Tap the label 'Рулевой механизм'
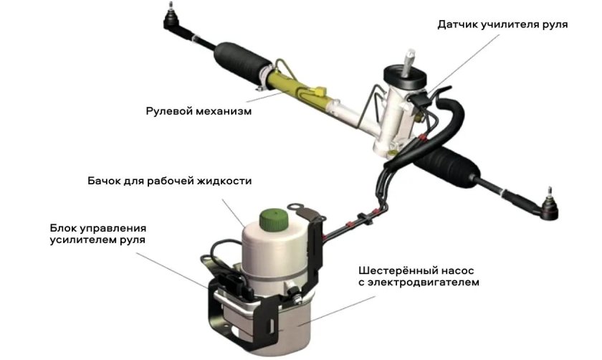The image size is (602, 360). pos(199,112)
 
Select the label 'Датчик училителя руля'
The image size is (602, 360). pos(502,24)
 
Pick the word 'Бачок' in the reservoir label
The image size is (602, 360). pos(102,181)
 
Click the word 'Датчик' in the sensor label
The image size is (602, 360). pos(457,24)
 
